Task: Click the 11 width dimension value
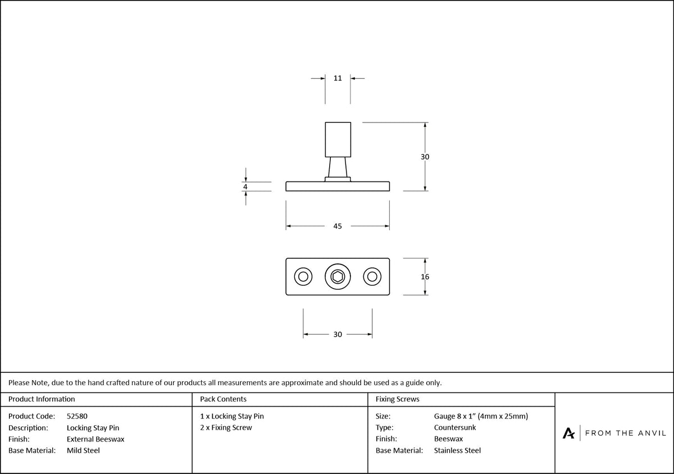point(338,78)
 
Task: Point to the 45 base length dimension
point(338,226)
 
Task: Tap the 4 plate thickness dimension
point(245,187)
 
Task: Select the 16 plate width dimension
point(425,276)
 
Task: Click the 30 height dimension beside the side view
point(425,157)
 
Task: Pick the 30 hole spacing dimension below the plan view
point(338,334)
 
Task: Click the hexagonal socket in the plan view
point(338,276)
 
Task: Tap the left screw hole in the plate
point(303,276)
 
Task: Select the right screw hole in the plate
point(372,276)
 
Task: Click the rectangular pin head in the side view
point(338,140)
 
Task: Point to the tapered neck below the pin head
point(338,167)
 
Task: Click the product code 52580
point(77,416)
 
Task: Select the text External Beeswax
point(95,439)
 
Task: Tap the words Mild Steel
point(83,450)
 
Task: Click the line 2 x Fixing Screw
point(226,427)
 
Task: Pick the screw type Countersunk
point(455,427)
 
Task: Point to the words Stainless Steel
point(457,450)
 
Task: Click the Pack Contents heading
point(224,399)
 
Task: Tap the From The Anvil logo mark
point(568,434)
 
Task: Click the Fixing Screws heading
point(398,399)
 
